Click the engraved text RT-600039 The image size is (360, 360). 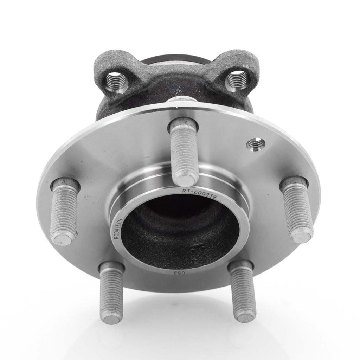pos(198,193)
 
